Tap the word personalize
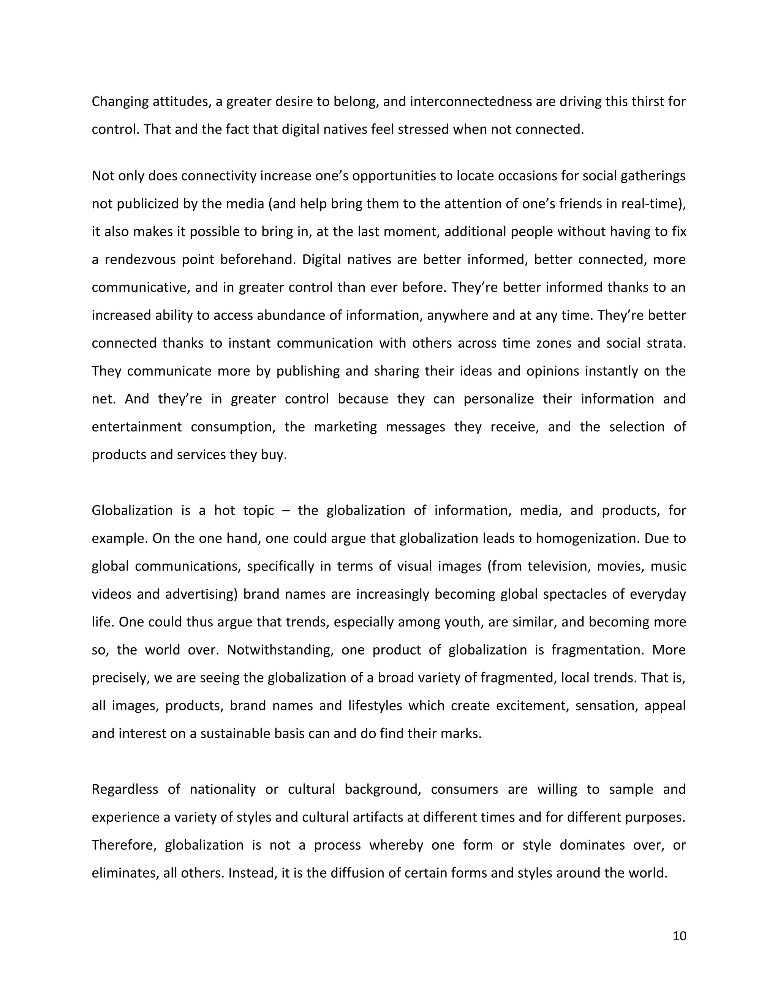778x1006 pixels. (x=499, y=399)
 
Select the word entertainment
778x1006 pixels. (x=136, y=427)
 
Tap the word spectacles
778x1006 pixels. (x=575, y=594)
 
